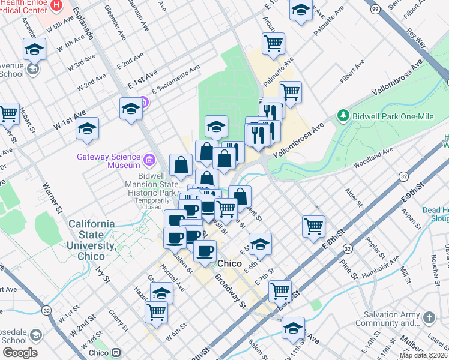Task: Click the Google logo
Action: tap(19, 353)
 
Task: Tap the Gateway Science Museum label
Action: tap(108, 160)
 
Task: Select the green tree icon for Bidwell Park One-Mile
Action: tap(343, 114)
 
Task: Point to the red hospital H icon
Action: tap(56, 5)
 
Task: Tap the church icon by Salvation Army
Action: tap(429, 317)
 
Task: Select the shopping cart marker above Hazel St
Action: tap(156, 311)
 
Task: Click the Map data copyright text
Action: tap(424, 355)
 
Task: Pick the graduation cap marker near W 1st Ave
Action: tap(88, 129)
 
